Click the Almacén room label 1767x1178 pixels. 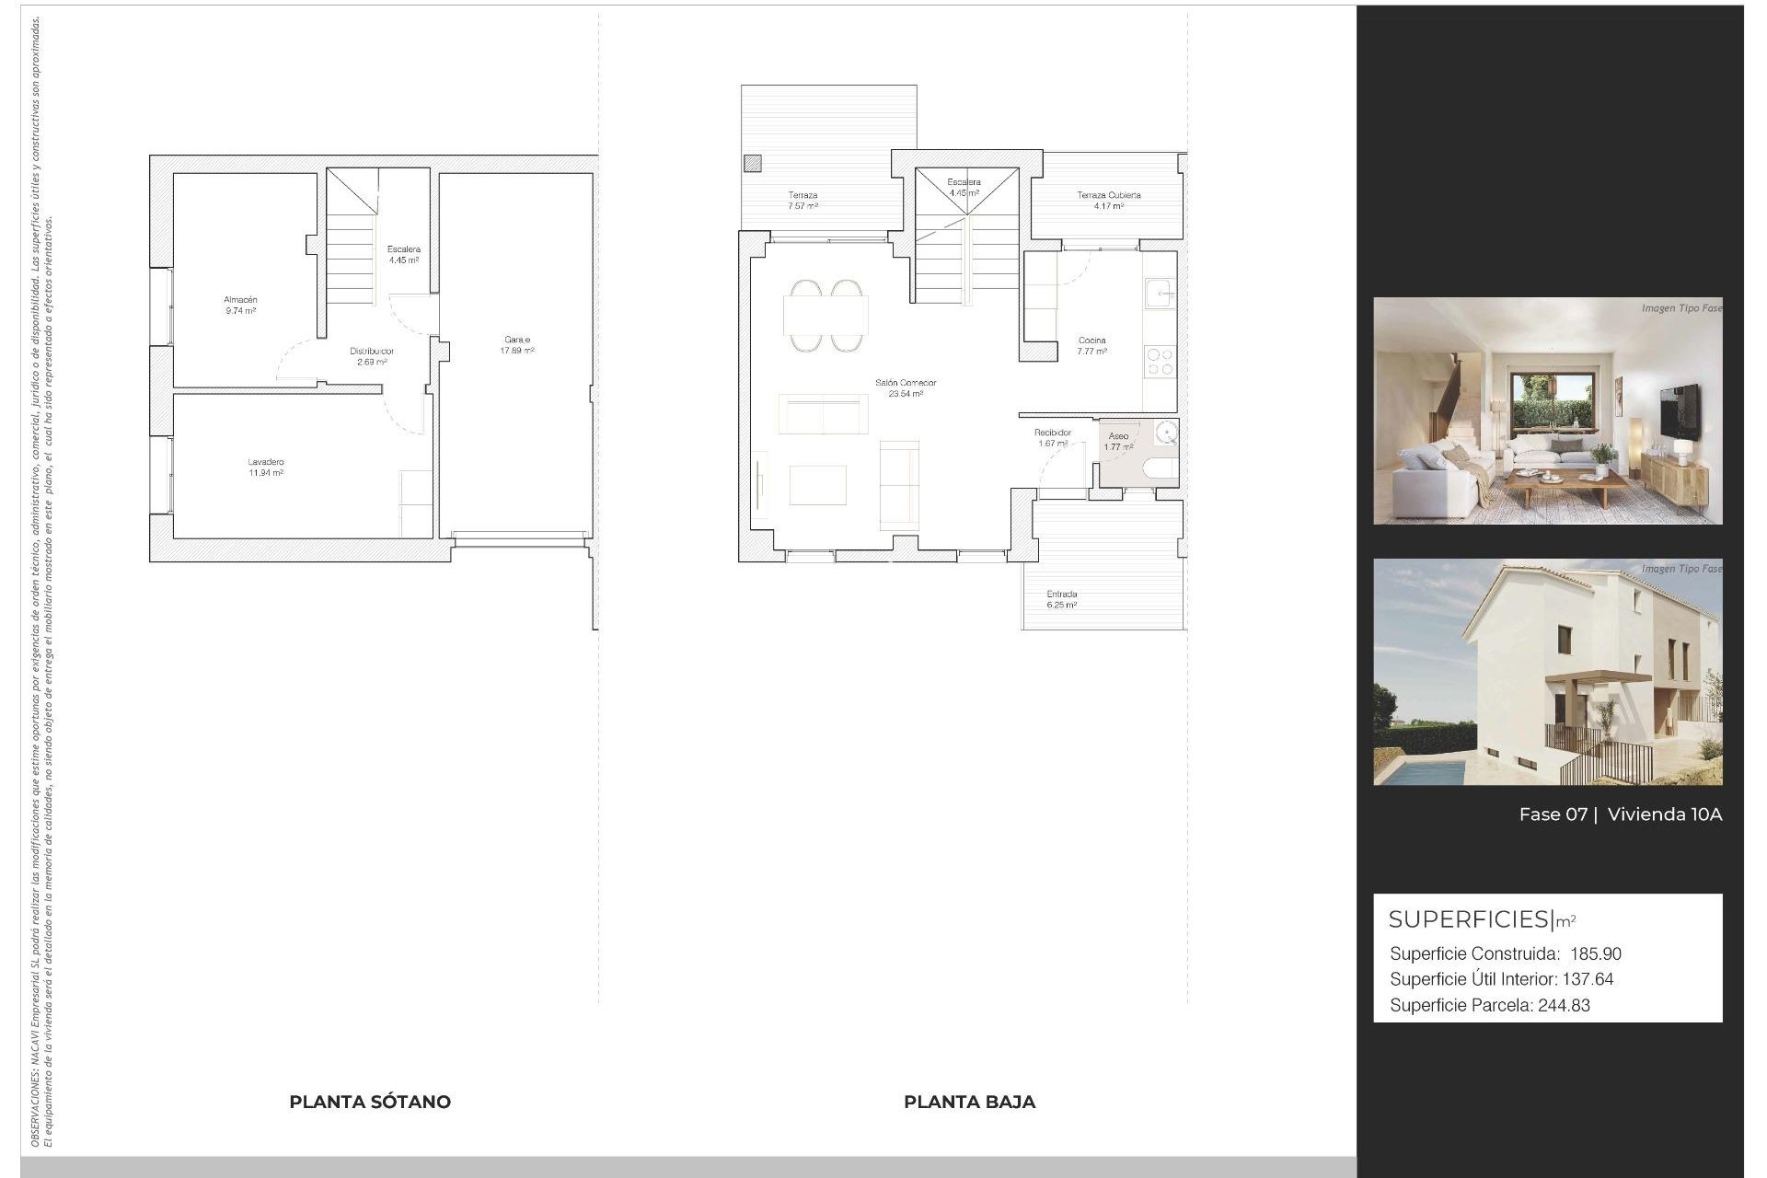pyautogui.click(x=240, y=300)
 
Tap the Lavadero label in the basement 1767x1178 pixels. pyautogui.click(x=265, y=462)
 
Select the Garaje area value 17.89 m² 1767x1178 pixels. pyautogui.click(x=517, y=351)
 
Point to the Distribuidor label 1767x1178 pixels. pyautogui.click(x=372, y=352)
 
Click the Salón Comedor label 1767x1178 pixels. pyautogui.click(x=906, y=383)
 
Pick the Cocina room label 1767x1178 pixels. pyautogui.click(x=1091, y=341)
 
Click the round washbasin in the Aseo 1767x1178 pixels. pyautogui.click(x=1166, y=433)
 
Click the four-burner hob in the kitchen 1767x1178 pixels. pyautogui.click(x=1160, y=361)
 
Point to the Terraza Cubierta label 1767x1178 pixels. pyautogui.click(x=1108, y=195)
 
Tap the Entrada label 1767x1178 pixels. pyautogui.click(x=1061, y=595)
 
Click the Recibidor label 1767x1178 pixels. pyautogui.click(x=1052, y=433)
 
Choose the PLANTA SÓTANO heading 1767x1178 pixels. pyautogui.click(x=370, y=1102)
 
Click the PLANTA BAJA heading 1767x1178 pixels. pyautogui.click(x=969, y=1102)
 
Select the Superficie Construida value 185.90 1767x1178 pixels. pyautogui.click(x=1595, y=954)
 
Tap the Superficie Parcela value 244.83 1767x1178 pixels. pyautogui.click(x=1564, y=1006)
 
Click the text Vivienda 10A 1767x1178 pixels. pyautogui.click(x=1664, y=814)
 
